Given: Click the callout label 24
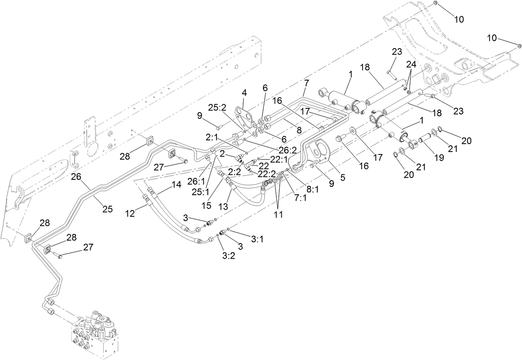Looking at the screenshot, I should pyautogui.click(x=411, y=65).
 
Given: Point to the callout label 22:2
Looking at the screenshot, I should pyautogui.click(x=266, y=174).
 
